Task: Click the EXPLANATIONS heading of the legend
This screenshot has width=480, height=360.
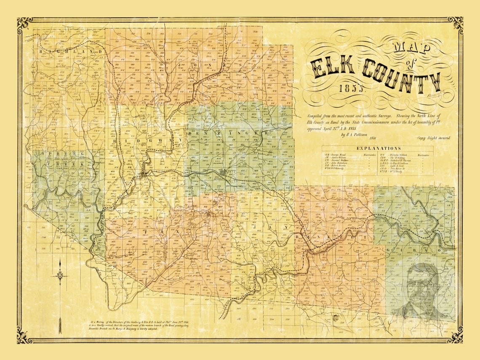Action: coord(379,148)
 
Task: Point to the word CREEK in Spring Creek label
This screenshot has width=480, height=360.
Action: coord(63,163)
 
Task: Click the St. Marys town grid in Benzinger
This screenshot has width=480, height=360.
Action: coord(222,173)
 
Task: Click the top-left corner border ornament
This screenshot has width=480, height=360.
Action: coord(24,25)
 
